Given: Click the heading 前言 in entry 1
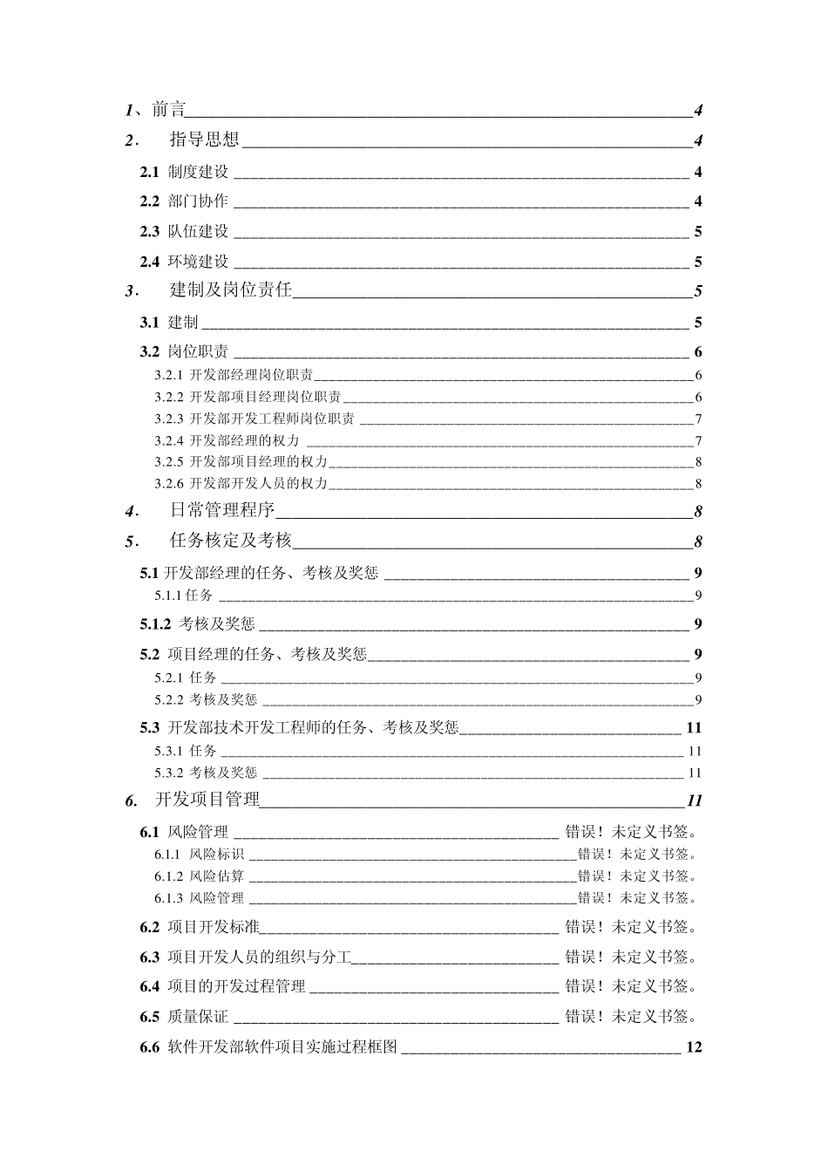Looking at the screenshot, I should (168, 110).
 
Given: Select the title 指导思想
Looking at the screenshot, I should (205, 140).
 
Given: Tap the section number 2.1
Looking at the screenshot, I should (150, 172).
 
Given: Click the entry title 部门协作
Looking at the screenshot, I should (198, 201).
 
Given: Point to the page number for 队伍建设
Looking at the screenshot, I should (698, 232).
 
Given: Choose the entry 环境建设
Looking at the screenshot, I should (198, 262).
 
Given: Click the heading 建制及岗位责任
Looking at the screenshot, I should (231, 291).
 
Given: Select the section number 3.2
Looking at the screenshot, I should (150, 352).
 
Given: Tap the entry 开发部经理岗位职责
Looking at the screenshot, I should (251, 376).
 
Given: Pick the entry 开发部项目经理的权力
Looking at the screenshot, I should (258, 462).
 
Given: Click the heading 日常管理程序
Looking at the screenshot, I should (222, 511).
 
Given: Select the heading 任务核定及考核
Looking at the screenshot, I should (231, 542).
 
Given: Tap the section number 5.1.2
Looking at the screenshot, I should (156, 624).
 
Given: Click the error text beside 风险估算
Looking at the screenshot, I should (637, 876).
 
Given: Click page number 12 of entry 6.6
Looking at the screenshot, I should (694, 1047).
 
